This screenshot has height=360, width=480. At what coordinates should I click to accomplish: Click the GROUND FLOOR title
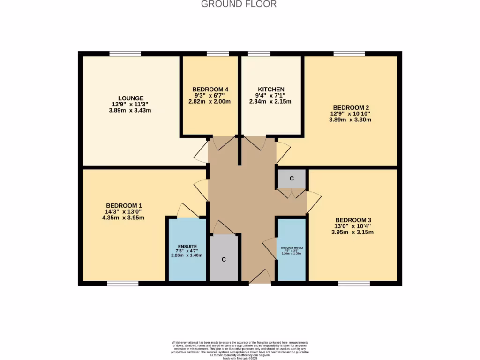239,4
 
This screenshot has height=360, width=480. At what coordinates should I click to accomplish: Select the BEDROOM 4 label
210,89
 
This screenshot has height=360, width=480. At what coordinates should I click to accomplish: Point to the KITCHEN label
271,89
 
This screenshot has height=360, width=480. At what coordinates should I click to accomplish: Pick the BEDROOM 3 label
353,220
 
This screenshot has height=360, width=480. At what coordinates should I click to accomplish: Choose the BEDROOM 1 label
124,205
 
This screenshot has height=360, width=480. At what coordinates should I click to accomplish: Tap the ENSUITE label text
187,246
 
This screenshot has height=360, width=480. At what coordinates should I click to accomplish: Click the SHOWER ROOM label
292,247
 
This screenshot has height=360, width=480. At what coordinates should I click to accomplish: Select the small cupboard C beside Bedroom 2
292,179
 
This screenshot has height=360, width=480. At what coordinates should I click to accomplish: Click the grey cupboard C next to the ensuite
224,259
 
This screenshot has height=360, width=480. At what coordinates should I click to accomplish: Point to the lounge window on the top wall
125,54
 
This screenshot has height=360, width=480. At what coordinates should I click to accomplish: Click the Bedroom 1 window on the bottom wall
122,284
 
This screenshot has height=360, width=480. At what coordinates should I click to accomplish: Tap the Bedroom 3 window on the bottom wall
354,284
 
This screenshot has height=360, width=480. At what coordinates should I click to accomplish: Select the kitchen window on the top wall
255,54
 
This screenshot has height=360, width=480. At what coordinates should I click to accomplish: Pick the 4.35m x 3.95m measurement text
124,217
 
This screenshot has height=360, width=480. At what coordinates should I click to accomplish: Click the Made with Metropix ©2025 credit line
239,357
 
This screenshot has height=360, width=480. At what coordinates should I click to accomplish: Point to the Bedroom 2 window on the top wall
349,54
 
